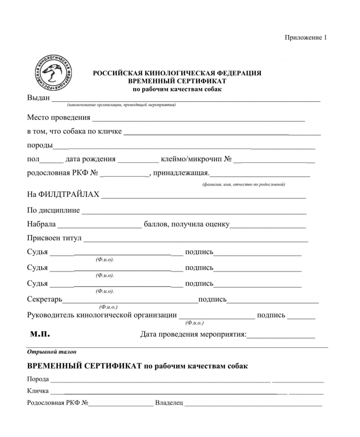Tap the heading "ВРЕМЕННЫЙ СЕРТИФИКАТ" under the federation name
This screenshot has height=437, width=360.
[177, 81]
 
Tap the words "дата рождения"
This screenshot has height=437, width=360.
[90, 159]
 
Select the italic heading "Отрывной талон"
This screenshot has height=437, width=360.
[45, 351]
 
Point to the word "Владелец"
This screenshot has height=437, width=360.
[169, 405]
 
